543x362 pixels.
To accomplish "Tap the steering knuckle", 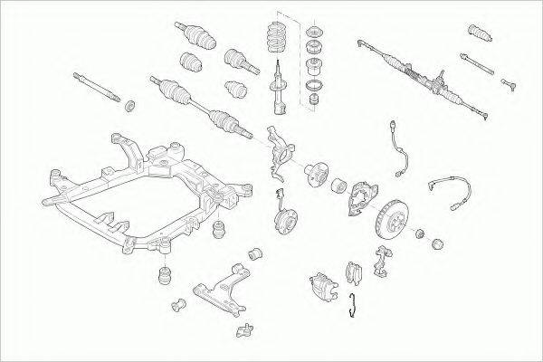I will point(279,150).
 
